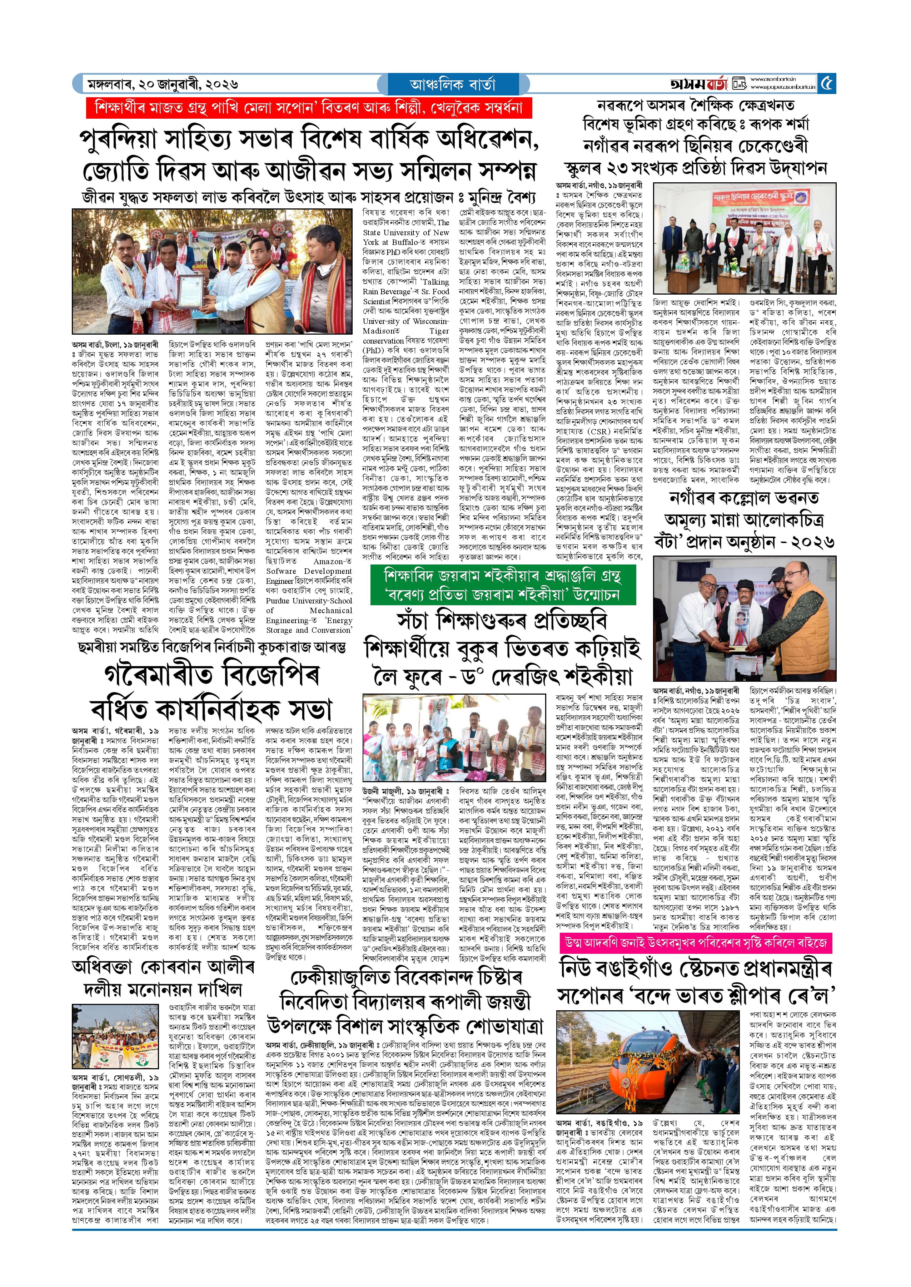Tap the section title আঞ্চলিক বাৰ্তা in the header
452,85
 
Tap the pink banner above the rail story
696,942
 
